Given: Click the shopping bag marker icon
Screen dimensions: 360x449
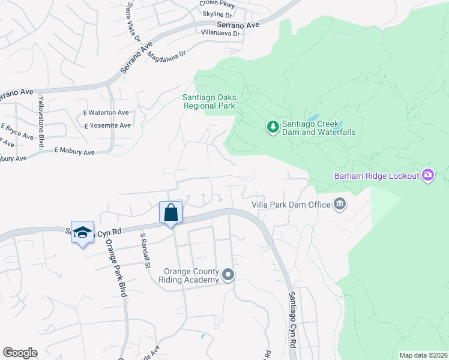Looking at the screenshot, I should coord(171,212).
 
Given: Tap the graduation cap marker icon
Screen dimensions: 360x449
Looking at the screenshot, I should coord(82,232).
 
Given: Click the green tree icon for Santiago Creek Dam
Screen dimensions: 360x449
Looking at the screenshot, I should coord(273,127).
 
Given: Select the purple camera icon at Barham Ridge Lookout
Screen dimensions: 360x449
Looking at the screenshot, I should coord(428,175).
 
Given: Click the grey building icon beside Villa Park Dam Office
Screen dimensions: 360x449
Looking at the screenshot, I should coord(340,205).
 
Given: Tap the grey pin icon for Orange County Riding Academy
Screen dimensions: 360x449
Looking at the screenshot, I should coord(228,275).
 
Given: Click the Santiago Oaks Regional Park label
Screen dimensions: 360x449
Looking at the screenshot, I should coord(209,101).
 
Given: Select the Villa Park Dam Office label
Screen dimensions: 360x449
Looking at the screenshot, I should coord(291,205).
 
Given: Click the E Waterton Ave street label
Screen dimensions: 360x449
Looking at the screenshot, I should coord(106,113).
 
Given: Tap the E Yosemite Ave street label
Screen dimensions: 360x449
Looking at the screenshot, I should coord(107,126).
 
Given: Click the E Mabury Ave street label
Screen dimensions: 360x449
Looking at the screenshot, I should coord(74,152).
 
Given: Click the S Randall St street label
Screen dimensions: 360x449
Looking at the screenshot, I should coord(145,250).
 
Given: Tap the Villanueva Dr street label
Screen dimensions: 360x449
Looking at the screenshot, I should coord(220,34).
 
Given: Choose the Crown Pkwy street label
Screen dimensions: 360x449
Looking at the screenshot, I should coord(217,4).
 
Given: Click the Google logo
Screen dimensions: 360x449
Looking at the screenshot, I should coord(20,353).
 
